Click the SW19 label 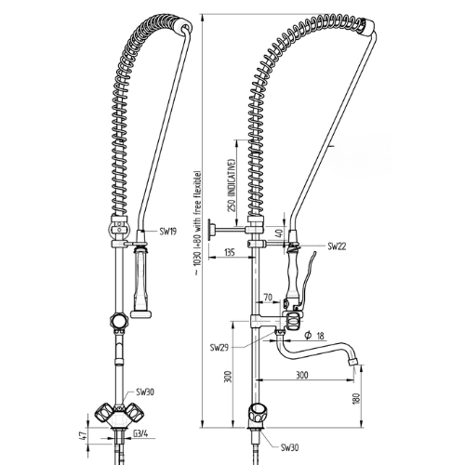168,232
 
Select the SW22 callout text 337,246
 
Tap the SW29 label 219,348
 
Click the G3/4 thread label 140,433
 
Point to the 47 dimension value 82,434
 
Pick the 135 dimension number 229,252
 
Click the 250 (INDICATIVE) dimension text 232,185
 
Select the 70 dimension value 268,298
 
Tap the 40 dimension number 280,232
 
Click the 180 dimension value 356,398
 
